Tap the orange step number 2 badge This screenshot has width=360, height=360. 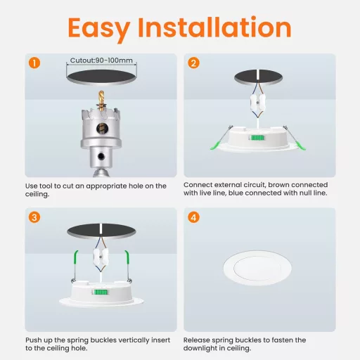tap(194, 63)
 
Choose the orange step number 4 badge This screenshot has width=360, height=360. tap(194, 217)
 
